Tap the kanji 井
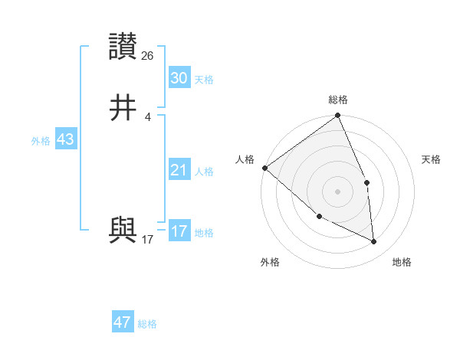[123, 108]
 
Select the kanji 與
[123, 231]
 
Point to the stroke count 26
[148, 55]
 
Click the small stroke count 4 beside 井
[148, 116]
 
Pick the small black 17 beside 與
[148, 240]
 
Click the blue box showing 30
[179, 78]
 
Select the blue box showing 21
[179, 170]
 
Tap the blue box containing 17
[179, 231]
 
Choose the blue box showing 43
[65, 140]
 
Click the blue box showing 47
[123, 322]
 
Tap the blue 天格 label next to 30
[204, 80]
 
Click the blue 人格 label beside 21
[204, 172]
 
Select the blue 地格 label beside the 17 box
[204, 233]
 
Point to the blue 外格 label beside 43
[41, 141]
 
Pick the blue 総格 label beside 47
[147, 324]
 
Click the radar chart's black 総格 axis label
[338, 100]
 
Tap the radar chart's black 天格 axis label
[432, 159]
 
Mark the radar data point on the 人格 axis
[264, 168]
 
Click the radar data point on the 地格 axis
[374, 242]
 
